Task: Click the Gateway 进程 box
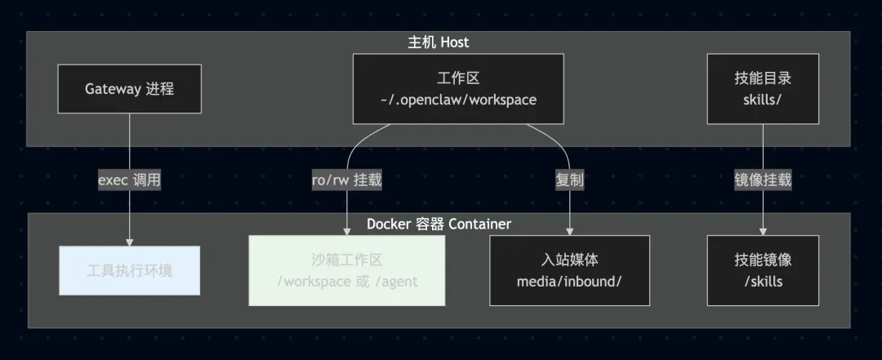pyautogui.click(x=129, y=89)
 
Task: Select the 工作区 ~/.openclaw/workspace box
pyautogui.click(x=458, y=89)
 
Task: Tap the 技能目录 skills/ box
pyautogui.click(x=763, y=89)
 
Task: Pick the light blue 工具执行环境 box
pyautogui.click(x=129, y=270)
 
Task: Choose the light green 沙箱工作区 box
pyautogui.click(x=347, y=270)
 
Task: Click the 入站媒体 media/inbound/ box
pyautogui.click(x=569, y=270)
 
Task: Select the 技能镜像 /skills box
pyautogui.click(x=763, y=270)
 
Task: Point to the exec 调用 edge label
pyautogui.click(x=129, y=180)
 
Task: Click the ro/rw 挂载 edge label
pyautogui.click(x=347, y=180)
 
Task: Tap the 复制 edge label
pyautogui.click(x=569, y=180)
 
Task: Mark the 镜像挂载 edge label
pyautogui.click(x=763, y=180)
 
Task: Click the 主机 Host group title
pyautogui.click(x=439, y=42)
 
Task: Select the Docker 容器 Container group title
pyautogui.click(x=439, y=224)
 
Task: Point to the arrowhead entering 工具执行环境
pyautogui.click(x=129, y=241)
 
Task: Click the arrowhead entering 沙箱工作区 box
pyautogui.click(x=347, y=232)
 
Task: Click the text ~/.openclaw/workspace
pyautogui.click(x=458, y=100)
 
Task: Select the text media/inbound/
pyautogui.click(x=569, y=281)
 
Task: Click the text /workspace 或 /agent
pyautogui.click(x=347, y=282)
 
